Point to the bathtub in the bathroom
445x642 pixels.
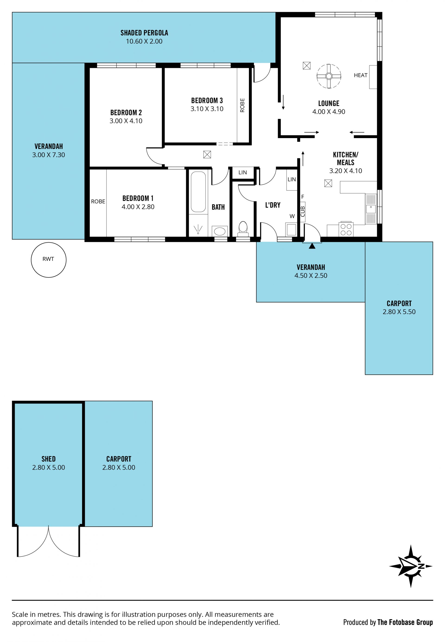[x=198, y=192]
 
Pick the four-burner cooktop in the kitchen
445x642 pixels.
[x=346, y=229]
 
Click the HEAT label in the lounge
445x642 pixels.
[x=360, y=75]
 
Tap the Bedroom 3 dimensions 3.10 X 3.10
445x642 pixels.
[x=207, y=109]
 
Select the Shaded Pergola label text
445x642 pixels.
[x=144, y=33]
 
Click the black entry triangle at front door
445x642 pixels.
[x=312, y=246]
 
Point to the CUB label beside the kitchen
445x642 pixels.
[x=303, y=211]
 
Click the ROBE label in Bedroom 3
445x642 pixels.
[x=242, y=105]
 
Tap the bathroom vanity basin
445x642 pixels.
[x=220, y=231]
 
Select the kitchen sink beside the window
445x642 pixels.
[x=371, y=209]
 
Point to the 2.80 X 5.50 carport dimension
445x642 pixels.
[x=399, y=312]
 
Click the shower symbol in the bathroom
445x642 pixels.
[x=198, y=229]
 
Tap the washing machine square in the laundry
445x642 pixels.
[x=291, y=229]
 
